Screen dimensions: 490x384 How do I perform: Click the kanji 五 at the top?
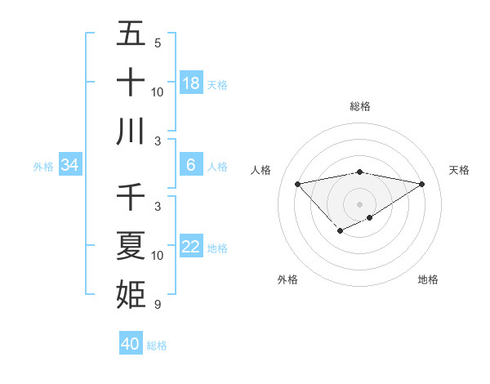pos(131,33)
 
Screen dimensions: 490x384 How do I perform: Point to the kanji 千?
pos(131,197)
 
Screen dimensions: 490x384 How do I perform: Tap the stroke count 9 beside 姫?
pos(158,305)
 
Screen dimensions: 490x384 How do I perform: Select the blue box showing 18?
pos(190,83)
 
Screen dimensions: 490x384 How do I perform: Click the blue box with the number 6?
pos(190,165)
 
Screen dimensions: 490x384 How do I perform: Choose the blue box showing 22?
pos(190,247)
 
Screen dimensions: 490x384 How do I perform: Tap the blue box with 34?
pos(69,165)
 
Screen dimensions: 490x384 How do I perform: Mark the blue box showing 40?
pos(130,344)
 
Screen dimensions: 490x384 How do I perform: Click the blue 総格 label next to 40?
pos(158,346)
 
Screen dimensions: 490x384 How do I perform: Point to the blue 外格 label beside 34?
pos(43,167)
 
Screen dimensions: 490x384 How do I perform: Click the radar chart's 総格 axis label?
pos(360,106)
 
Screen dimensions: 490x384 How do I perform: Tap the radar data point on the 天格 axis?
pos(422,184)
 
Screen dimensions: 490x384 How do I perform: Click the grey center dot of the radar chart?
pos(360,204)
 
